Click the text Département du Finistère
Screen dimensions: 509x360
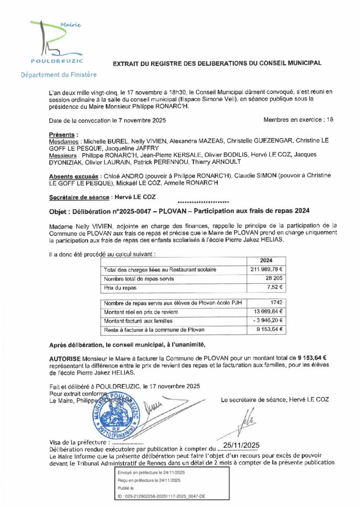59,75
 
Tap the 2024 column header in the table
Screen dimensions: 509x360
267,260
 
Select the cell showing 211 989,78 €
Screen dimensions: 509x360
266,270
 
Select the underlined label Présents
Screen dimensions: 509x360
63,135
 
